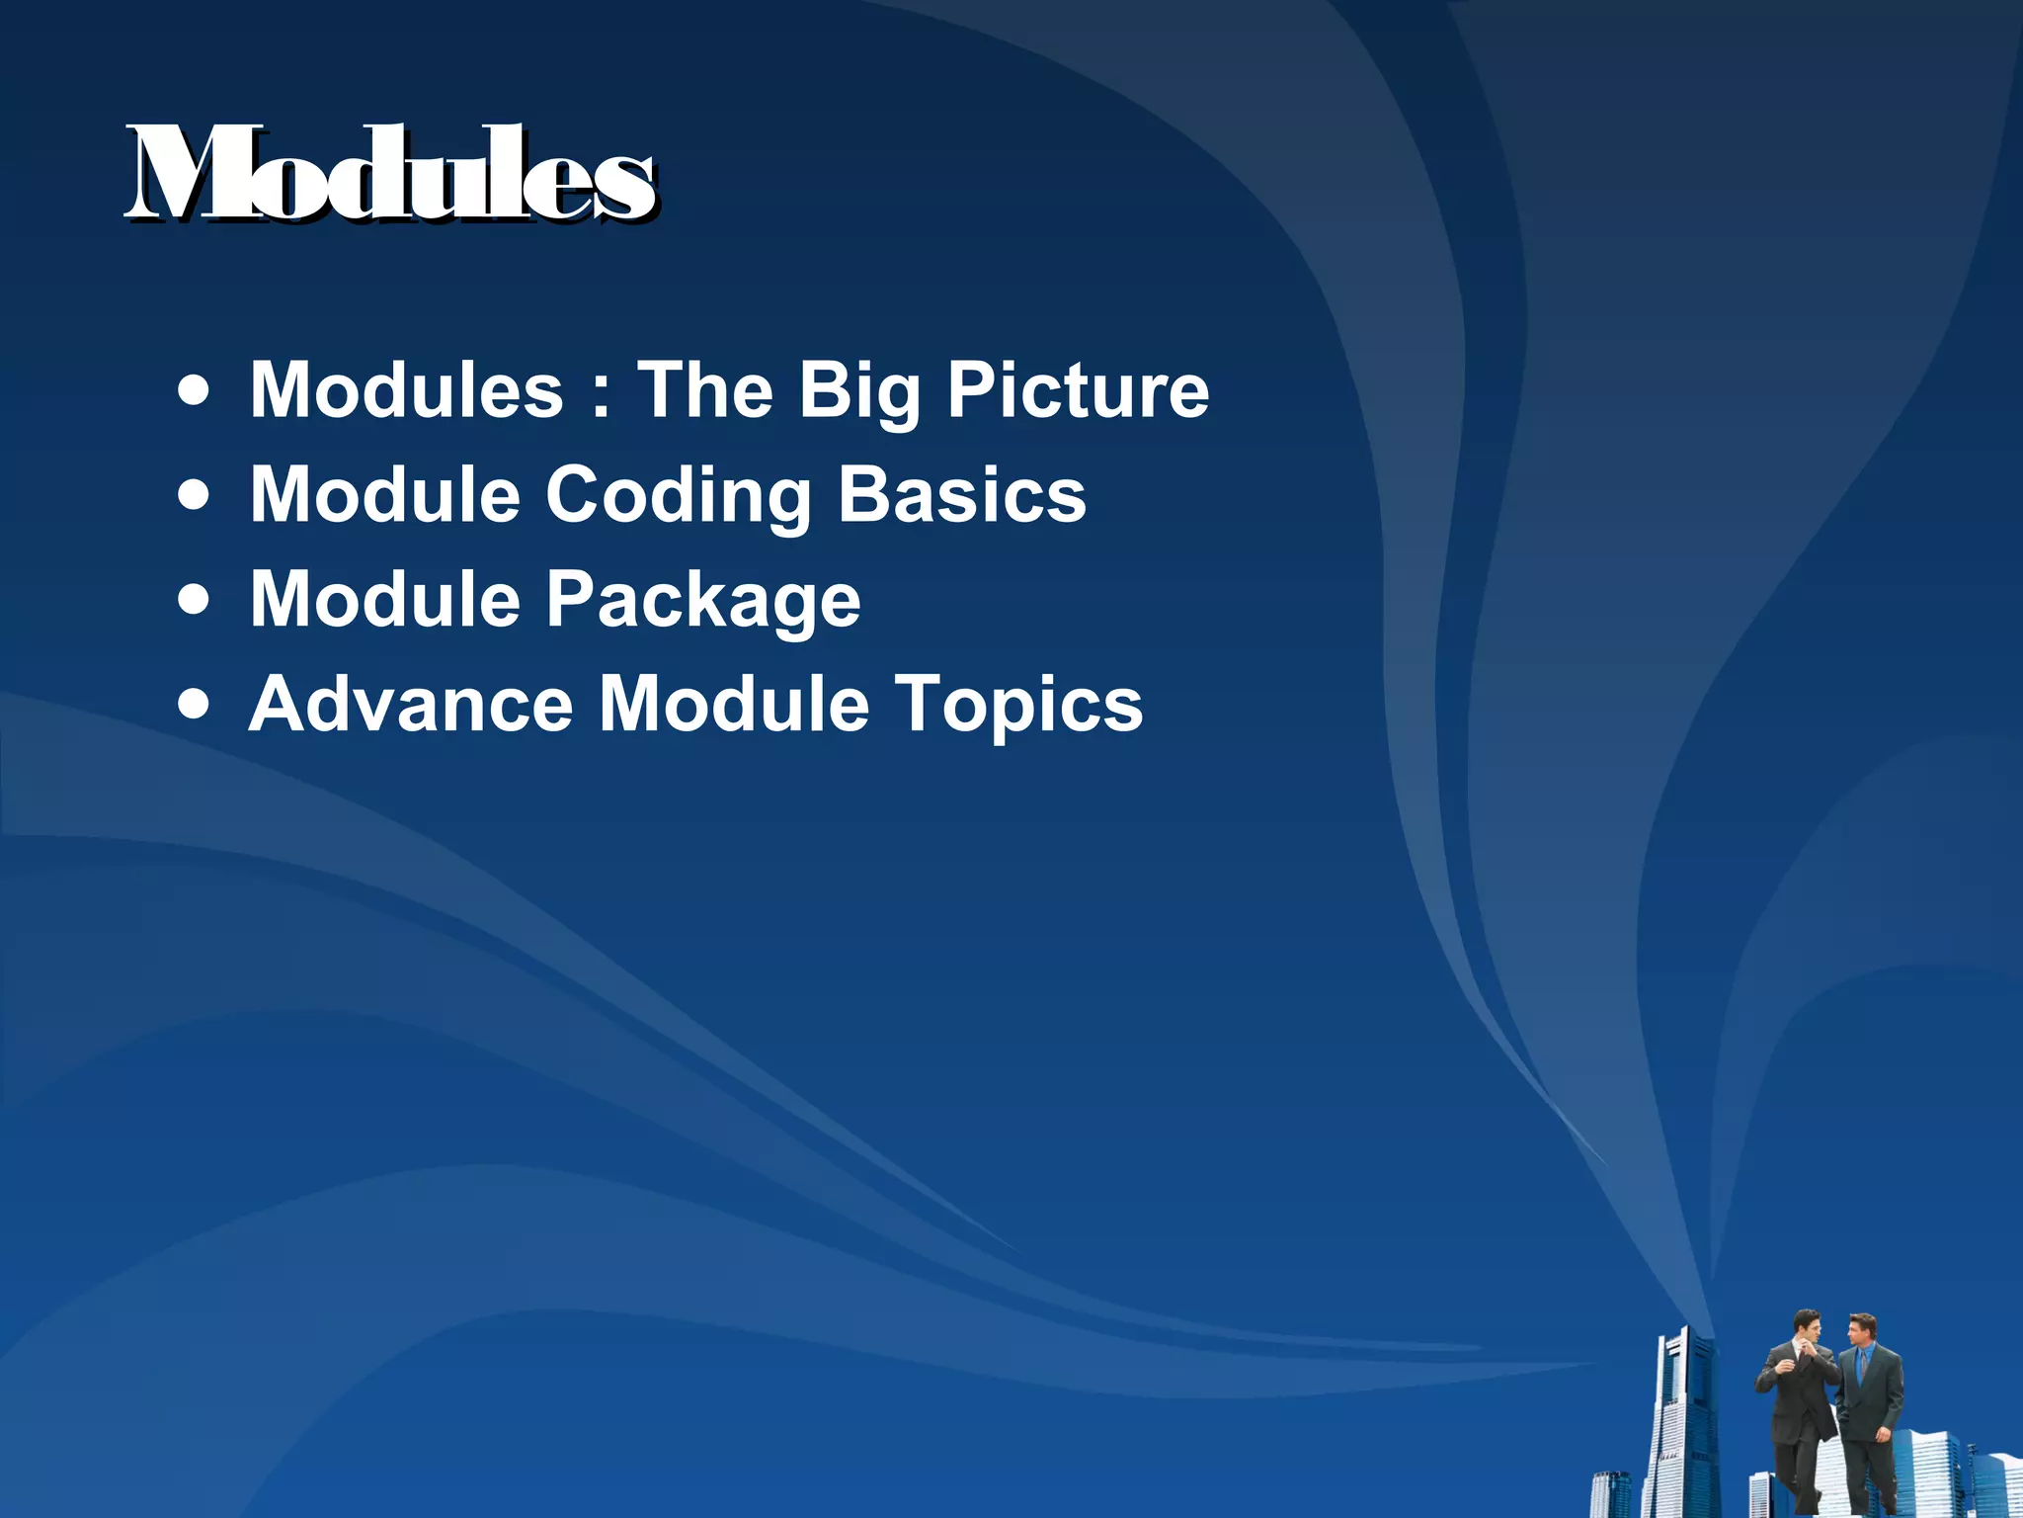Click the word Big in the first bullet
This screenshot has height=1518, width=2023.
858,390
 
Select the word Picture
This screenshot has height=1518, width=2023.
1078,390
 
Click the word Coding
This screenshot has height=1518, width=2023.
678,495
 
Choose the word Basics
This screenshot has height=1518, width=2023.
962,495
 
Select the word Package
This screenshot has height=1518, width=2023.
703,601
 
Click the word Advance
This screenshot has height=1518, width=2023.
411,705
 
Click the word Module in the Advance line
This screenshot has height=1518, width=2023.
734,705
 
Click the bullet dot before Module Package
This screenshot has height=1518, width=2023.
195,600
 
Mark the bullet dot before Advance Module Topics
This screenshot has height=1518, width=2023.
195,705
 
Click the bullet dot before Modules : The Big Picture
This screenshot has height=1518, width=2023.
195,389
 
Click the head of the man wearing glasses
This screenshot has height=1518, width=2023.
1807,1325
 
